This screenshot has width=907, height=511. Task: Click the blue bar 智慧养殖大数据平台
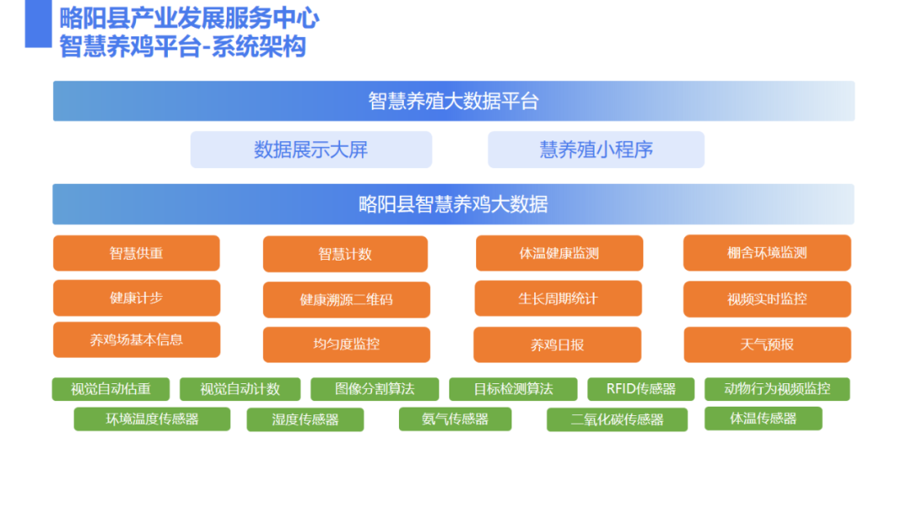[453, 101]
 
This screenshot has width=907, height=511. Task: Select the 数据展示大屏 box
[312, 150]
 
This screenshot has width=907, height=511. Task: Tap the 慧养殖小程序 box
[595, 150]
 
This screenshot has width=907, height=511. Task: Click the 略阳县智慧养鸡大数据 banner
[453, 204]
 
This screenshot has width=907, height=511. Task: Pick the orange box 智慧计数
[345, 254]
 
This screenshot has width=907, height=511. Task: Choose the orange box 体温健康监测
[559, 253]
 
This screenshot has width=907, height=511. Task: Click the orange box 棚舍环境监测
[767, 253]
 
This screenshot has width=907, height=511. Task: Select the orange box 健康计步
[137, 298]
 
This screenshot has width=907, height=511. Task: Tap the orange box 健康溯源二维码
[347, 300]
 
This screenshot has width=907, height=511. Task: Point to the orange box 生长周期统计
[558, 298]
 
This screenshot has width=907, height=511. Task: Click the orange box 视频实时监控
[767, 299]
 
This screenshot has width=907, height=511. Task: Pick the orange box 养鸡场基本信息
[137, 340]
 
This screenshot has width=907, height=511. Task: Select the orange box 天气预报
[767, 345]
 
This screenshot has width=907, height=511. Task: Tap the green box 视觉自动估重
[111, 389]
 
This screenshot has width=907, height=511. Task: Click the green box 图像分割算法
[375, 389]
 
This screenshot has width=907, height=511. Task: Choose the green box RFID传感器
[641, 389]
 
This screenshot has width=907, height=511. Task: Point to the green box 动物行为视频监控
[777, 389]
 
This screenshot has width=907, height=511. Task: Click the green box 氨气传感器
[455, 419]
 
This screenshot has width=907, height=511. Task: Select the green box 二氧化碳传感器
[617, 419]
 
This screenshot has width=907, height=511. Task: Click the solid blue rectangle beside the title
[38, 24]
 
